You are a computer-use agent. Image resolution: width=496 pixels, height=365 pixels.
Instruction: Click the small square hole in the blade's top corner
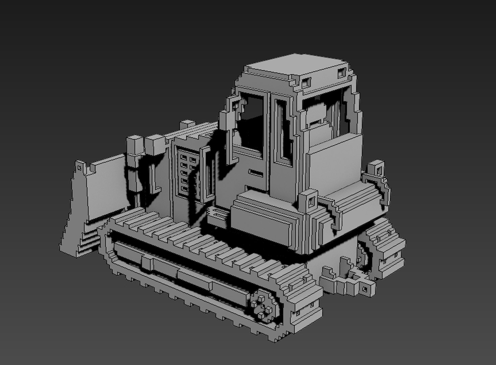click(79, 167)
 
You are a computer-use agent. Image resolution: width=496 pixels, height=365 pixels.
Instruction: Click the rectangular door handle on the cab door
click(256, 173)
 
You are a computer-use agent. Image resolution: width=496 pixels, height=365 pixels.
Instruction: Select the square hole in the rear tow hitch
click(364, 289)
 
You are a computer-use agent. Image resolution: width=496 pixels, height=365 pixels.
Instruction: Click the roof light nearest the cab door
click(306, 81)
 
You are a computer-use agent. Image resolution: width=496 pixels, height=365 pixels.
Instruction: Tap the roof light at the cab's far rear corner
click(343, 73)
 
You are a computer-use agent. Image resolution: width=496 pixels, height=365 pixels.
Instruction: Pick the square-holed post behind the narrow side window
click(309, 201)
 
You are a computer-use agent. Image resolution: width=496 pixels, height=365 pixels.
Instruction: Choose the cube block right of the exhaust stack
click(155, 144)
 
